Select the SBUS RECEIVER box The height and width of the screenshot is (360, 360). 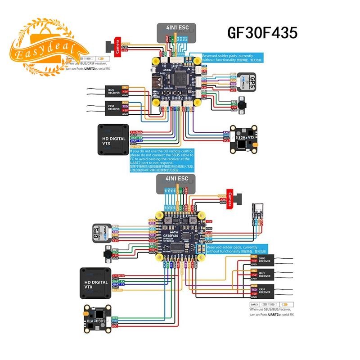tap(265, 261)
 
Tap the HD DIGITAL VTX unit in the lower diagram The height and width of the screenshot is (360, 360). tap(94, 282)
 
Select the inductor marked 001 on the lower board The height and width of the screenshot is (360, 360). tap(168, 220)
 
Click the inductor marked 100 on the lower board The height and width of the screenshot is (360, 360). tap(193, 220)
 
